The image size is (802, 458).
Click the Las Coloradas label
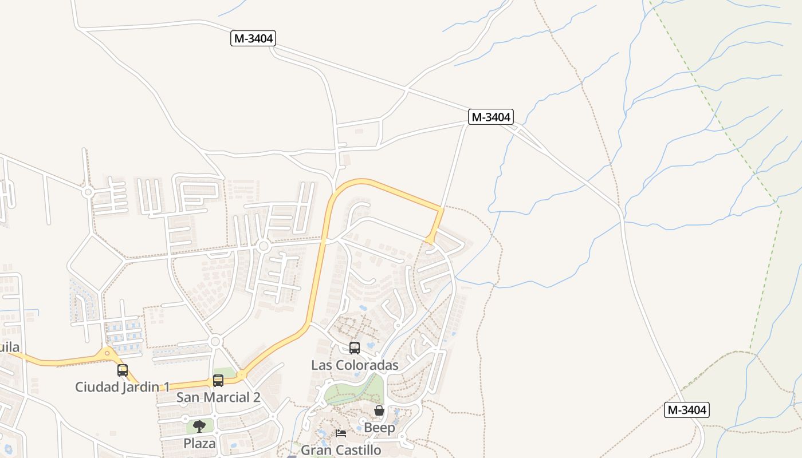point(355,365)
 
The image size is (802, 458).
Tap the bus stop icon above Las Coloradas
point(355,348)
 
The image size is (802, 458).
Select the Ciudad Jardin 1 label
point(117,387)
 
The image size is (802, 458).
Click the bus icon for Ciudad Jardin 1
point(122,370)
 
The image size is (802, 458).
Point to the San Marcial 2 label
point(218,397)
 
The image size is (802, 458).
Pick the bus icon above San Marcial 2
point(218,381)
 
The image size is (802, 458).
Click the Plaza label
point(199,443)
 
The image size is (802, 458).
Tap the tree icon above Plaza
point(199,426)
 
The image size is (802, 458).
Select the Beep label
point(379,428)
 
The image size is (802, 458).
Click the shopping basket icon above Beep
point(379,410)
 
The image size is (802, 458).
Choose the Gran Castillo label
point(341,450)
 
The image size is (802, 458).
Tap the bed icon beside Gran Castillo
point(341,433)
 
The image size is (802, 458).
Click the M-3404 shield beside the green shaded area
point(687,410)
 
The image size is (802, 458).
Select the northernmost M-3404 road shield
point(253,38)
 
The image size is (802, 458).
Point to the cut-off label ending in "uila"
point(10,347)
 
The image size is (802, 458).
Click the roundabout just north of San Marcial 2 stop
point(215,342)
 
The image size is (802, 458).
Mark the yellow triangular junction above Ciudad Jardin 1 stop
point(107,354)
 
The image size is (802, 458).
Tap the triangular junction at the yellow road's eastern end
point(430,239)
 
